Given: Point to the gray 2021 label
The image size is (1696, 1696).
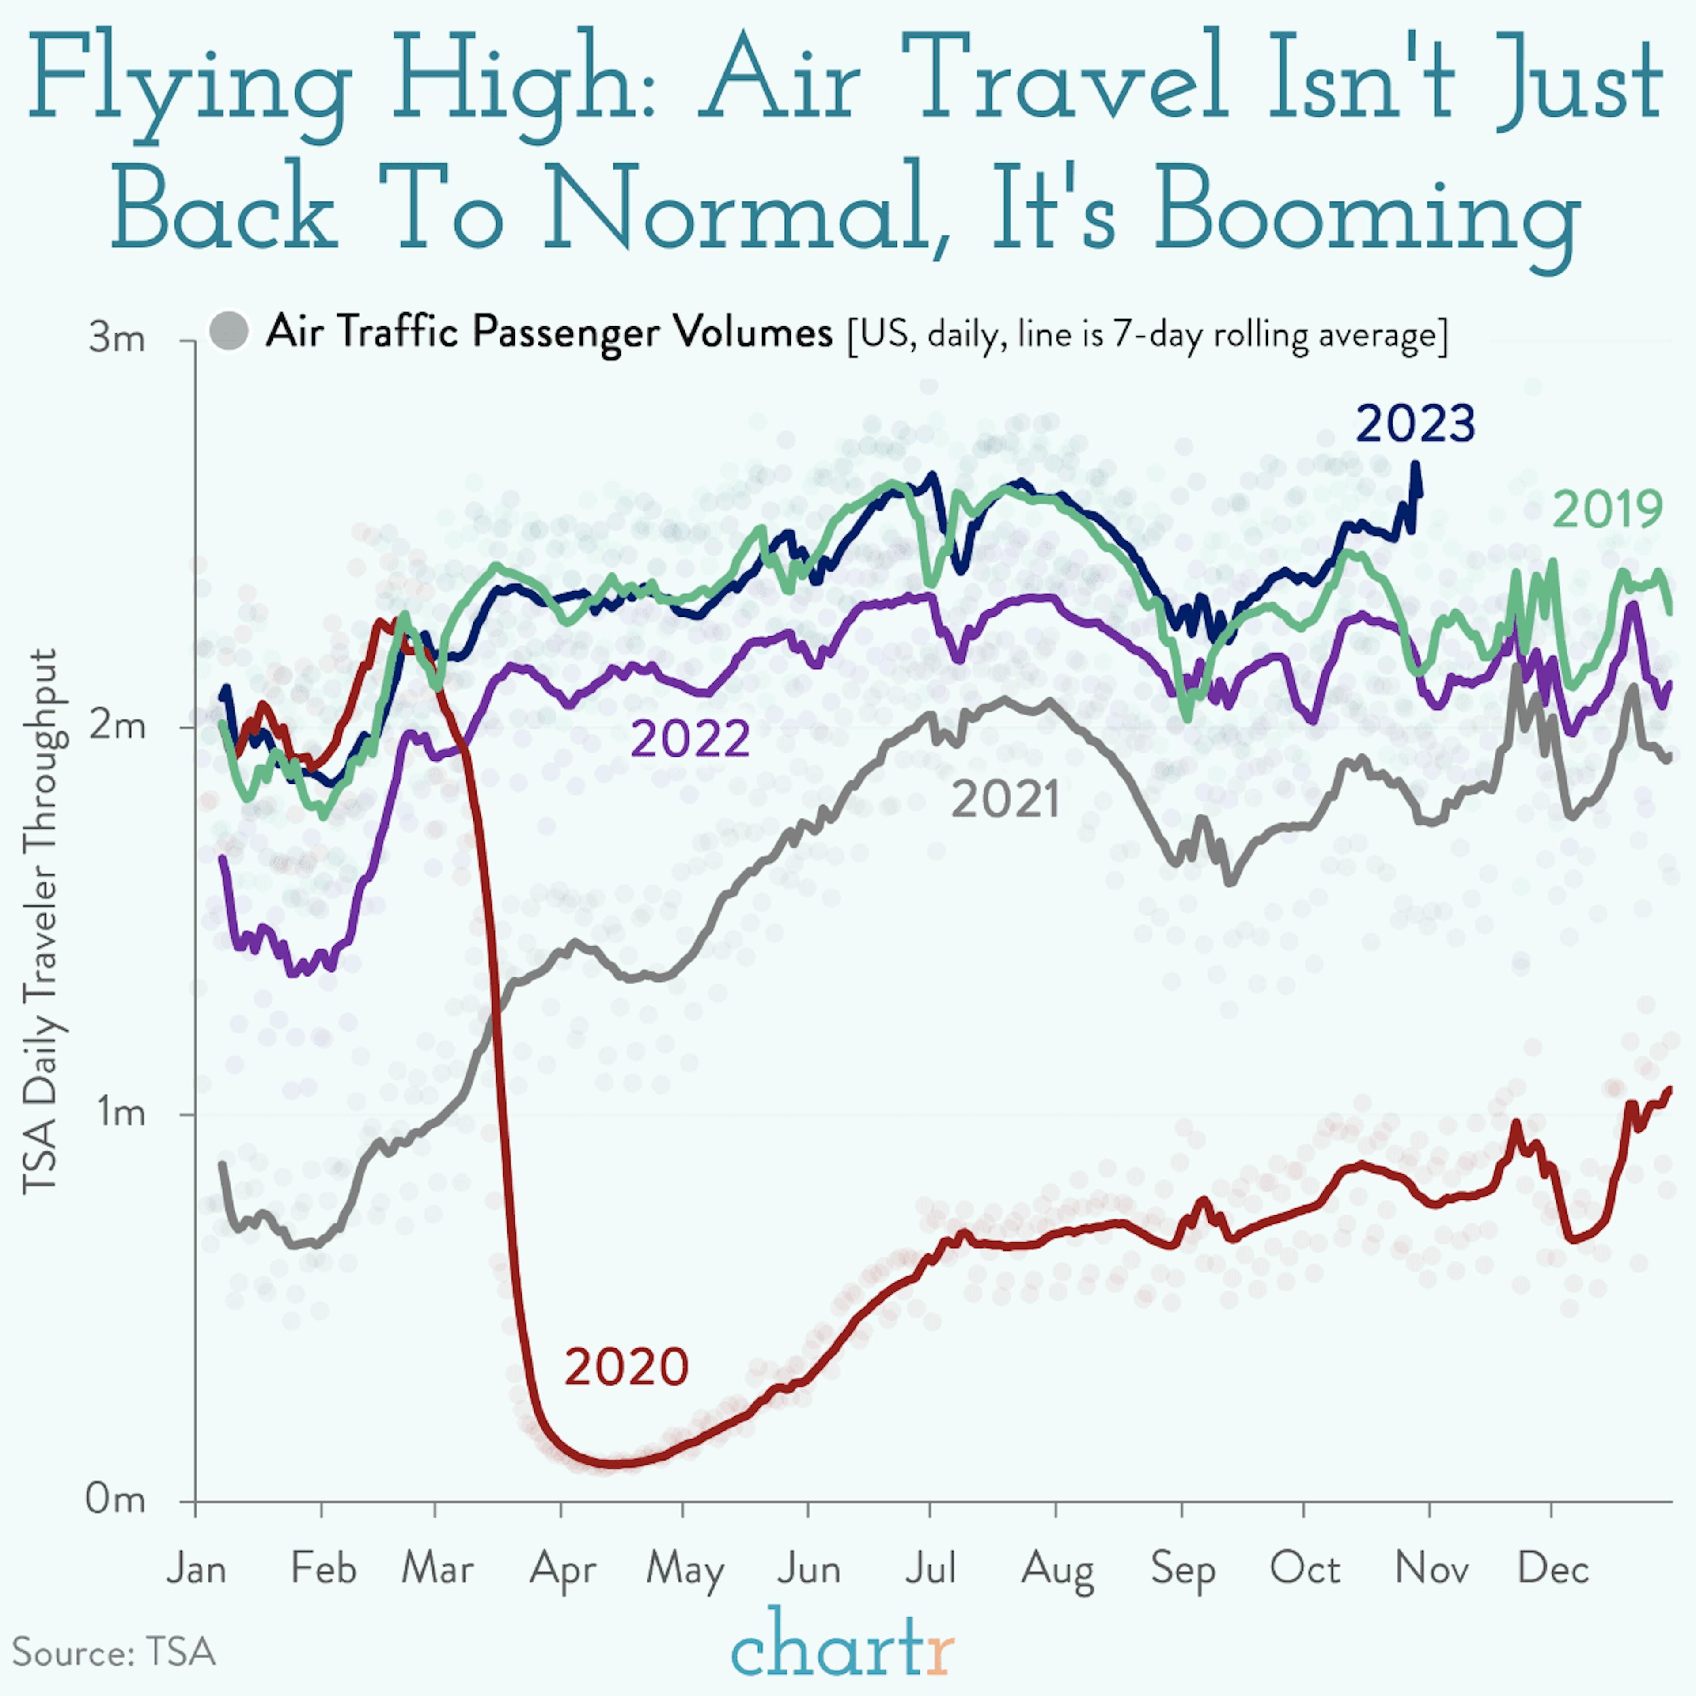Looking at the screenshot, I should [x=1005, y=801].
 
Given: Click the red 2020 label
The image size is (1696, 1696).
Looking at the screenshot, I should [x=626, y=1367].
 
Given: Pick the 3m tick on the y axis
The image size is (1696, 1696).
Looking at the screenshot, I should [x=117, y=338].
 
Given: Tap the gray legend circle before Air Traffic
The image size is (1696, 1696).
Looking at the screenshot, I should [x=229, y=332].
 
